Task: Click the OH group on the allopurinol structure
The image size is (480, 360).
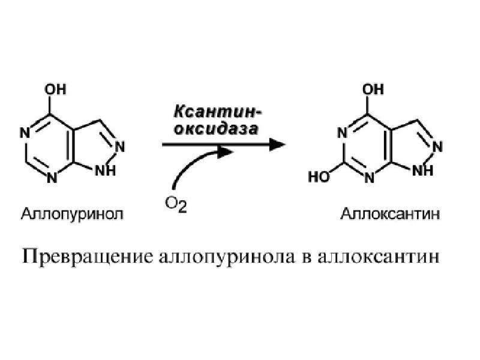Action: click(55, 89)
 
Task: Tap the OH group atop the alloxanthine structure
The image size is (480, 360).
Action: click(373, 89)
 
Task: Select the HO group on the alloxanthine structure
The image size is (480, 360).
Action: click(319, 177)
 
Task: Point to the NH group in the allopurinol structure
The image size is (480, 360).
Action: click(106, 170)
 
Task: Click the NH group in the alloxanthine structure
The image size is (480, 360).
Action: click(423, 170)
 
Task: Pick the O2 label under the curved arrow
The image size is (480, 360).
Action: click(176, 204)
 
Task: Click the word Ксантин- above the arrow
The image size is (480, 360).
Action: click(218, 112)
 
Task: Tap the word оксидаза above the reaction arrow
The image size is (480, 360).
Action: click(216, 129)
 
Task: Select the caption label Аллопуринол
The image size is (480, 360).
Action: click(72, 214)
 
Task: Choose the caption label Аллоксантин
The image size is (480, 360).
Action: click(390, 214)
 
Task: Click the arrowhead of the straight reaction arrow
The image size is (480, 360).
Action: click(277, 144)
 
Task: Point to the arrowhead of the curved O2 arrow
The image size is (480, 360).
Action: click(226, 152)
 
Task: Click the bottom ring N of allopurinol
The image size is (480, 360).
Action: click(52, 178)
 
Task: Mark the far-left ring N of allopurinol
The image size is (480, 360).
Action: click(25, 133)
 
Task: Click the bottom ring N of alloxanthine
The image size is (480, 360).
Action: click(370, 178)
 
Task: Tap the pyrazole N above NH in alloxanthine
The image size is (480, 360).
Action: click(437, 146)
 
